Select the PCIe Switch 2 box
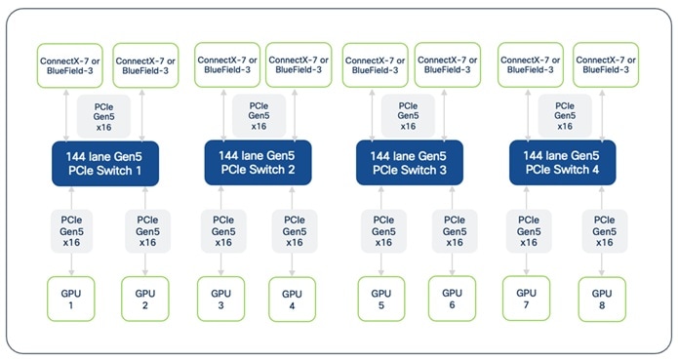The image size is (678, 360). pyautogui.click(x=257, y=163)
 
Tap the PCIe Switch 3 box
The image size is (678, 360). pyautogui.click(x=407, y=163)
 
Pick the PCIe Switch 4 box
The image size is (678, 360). pyautogui.click(x=561, y=163)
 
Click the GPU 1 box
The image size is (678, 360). pyautogui.click(x=70, y=300)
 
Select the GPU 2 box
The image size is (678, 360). pyautogui.click(x=145, y=300)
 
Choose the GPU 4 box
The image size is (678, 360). pyautogui.click(x=293, y=299)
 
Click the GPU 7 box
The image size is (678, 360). pyautogui.click(x=527, y=298)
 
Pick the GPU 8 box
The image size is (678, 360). pyautogui.click(x=601, y=300)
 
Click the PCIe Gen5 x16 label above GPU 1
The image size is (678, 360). pyautogui.click(x=72, y=230)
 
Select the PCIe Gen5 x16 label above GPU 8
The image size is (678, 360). pyautogui.click(x=605, y=230)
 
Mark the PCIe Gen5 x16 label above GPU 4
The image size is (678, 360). pyautogui.click(x=293, y=230)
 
